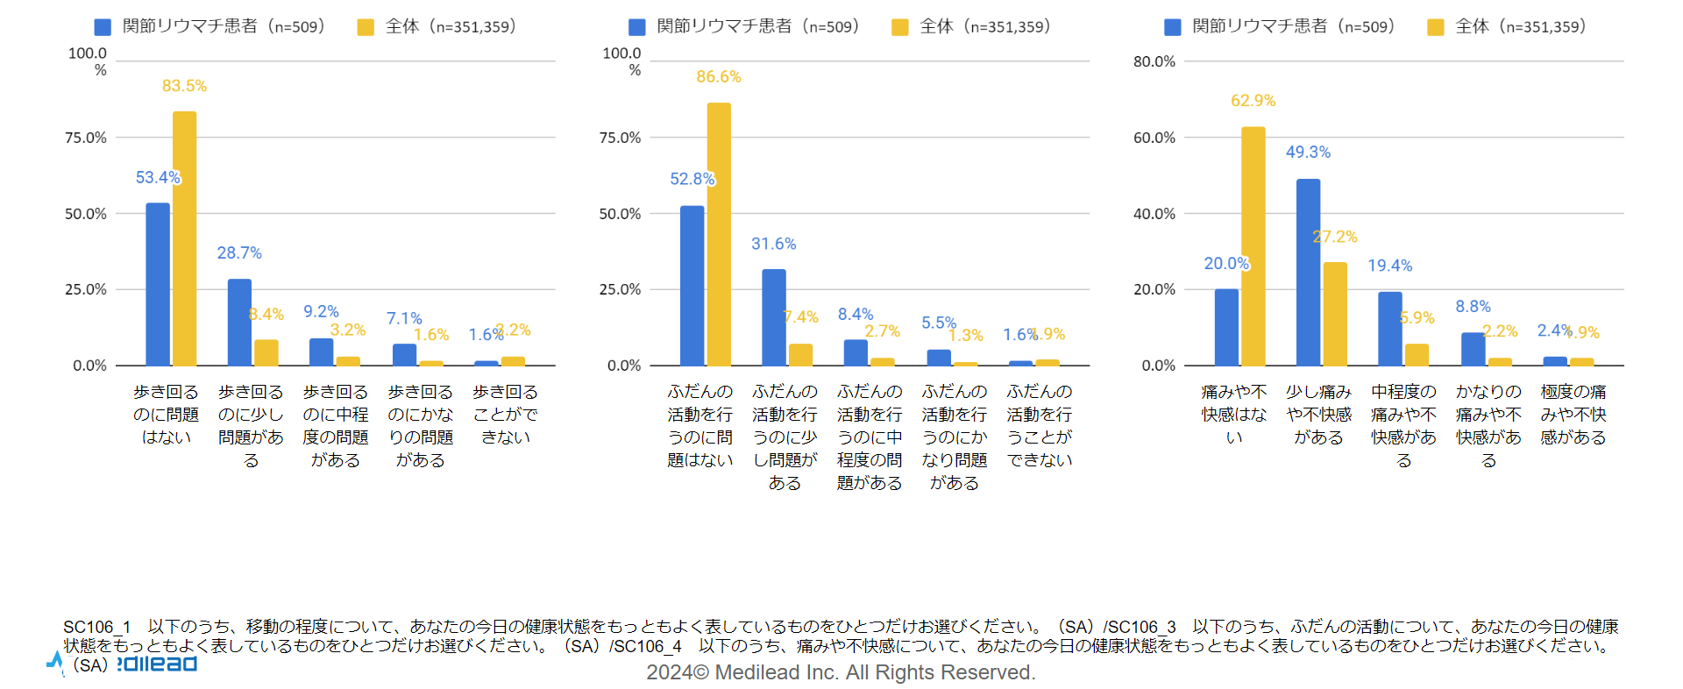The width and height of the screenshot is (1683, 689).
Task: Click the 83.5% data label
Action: [184, 86]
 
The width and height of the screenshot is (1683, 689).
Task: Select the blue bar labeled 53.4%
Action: [158, 284]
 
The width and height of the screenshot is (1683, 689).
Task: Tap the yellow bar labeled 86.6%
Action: [719, 234]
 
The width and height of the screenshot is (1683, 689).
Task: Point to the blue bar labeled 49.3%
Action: [1308, 272]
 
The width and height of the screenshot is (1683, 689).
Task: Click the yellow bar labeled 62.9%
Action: [1253, 245]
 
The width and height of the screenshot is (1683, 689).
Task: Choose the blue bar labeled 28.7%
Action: [239, 322]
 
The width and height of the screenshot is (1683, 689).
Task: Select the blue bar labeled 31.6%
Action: [773, 317]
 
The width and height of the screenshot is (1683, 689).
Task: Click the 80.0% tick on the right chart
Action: [1154, 61]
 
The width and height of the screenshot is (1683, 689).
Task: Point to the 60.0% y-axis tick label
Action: [1154, 138]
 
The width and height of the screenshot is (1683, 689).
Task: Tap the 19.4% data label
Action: [1389, 266]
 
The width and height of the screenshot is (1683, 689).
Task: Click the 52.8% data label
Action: [692, 179]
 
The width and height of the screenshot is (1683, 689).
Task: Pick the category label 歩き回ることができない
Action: [505, 414]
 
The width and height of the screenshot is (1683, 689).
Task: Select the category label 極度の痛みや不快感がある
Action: [1573, 414]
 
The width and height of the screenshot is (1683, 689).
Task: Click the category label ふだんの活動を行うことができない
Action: [1040, 425]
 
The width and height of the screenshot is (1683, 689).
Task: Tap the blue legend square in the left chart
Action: [103, 27]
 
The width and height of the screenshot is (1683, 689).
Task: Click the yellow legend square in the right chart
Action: [1435, 27]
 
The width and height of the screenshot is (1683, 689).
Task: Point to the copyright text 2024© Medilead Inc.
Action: [841, 672]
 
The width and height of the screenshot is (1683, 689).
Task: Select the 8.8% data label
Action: [1473, 307]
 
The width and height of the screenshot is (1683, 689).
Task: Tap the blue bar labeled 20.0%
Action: [1226, 327]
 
